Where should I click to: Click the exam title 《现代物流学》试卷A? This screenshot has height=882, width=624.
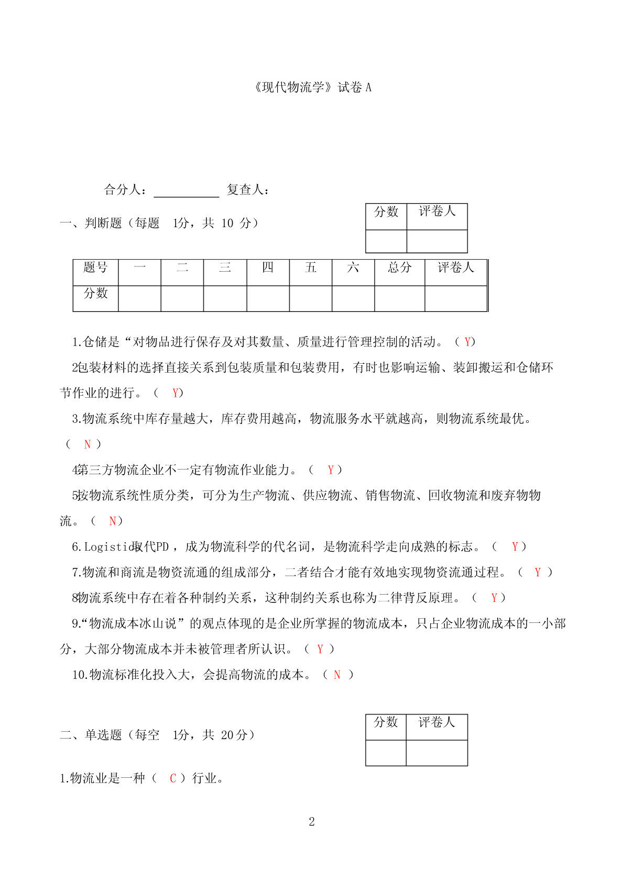coord(312,87)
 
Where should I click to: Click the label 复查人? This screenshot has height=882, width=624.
coord(248,189)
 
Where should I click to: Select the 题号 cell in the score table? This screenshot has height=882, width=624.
coord(95,268)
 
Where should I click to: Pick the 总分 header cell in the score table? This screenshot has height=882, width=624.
coord(399,268)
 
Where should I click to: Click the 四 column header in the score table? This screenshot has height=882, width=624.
coord(268,268)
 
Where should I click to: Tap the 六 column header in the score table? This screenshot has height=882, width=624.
coord(353,268)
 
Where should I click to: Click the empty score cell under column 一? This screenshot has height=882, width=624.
coord(139,298)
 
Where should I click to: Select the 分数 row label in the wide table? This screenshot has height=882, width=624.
coord(95,294)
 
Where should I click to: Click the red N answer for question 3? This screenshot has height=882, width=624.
coord(87,444)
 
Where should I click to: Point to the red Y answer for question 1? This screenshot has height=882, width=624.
coord(467,342)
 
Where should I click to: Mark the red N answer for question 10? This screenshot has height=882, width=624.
coord(337,675)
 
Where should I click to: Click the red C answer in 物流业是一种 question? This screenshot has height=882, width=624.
coord(173,779)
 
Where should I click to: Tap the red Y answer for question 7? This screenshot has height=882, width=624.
coord(537,573)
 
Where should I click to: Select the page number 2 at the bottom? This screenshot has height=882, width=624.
coord(312,822)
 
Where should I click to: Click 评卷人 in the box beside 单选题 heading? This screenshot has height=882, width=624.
coord(436,723)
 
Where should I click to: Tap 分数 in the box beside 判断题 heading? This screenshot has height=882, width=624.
coord(386,212)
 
